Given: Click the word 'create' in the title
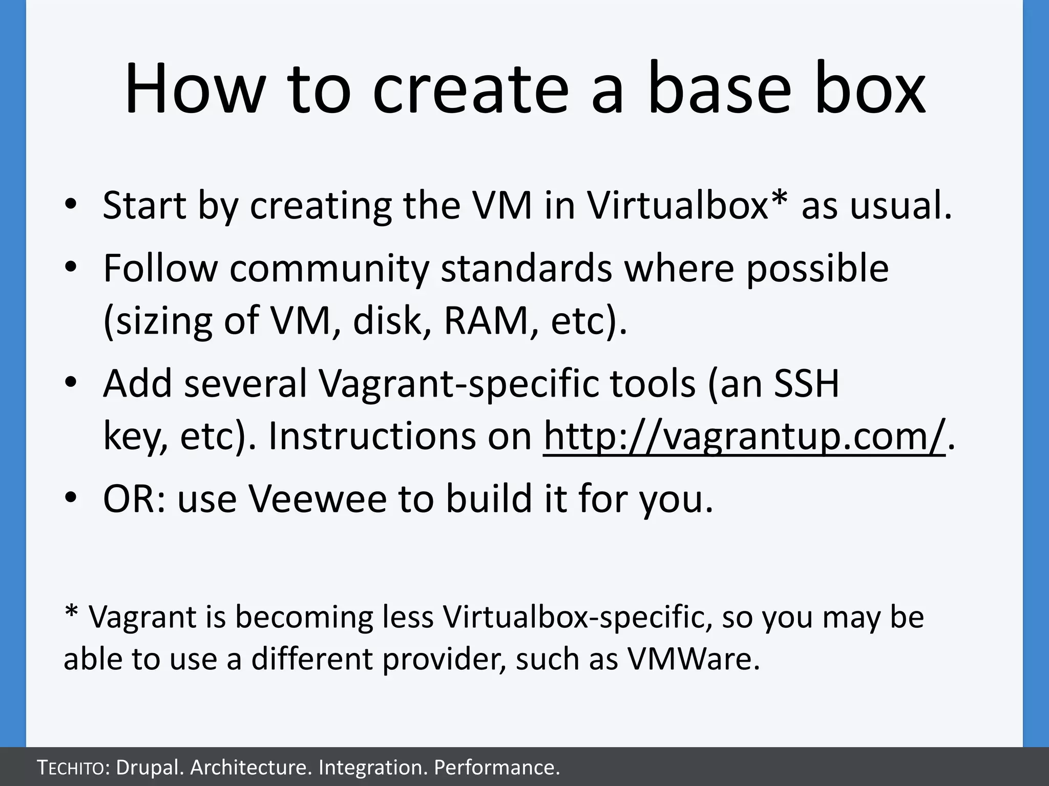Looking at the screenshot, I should pyautogui.click(x=470, y=90).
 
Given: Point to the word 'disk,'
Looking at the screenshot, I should pyautogui.click(x=392, y=321).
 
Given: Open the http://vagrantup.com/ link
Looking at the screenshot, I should pyautogui.click(x=744, y=436).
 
